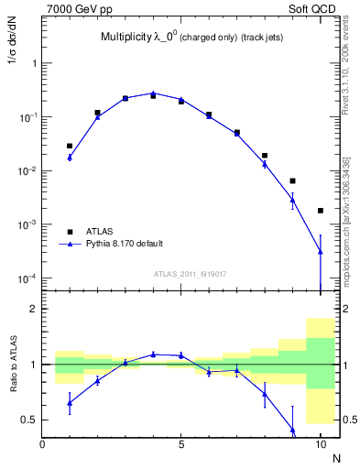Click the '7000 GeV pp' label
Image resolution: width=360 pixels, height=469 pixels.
74,9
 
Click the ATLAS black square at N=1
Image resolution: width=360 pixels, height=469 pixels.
70,146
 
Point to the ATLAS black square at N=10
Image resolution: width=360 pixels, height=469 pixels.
321,211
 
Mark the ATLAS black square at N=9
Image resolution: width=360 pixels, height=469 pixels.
292,181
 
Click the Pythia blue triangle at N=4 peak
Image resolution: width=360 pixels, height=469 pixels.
153,93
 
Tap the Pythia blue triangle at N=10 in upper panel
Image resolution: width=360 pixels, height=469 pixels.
321,251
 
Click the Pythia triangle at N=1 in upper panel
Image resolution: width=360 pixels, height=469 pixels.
70,158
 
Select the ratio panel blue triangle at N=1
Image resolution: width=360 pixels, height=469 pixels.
70,402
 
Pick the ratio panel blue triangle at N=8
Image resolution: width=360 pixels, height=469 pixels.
265,395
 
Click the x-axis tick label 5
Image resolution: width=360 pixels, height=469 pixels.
181,444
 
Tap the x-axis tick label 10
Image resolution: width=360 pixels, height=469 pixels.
321,444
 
